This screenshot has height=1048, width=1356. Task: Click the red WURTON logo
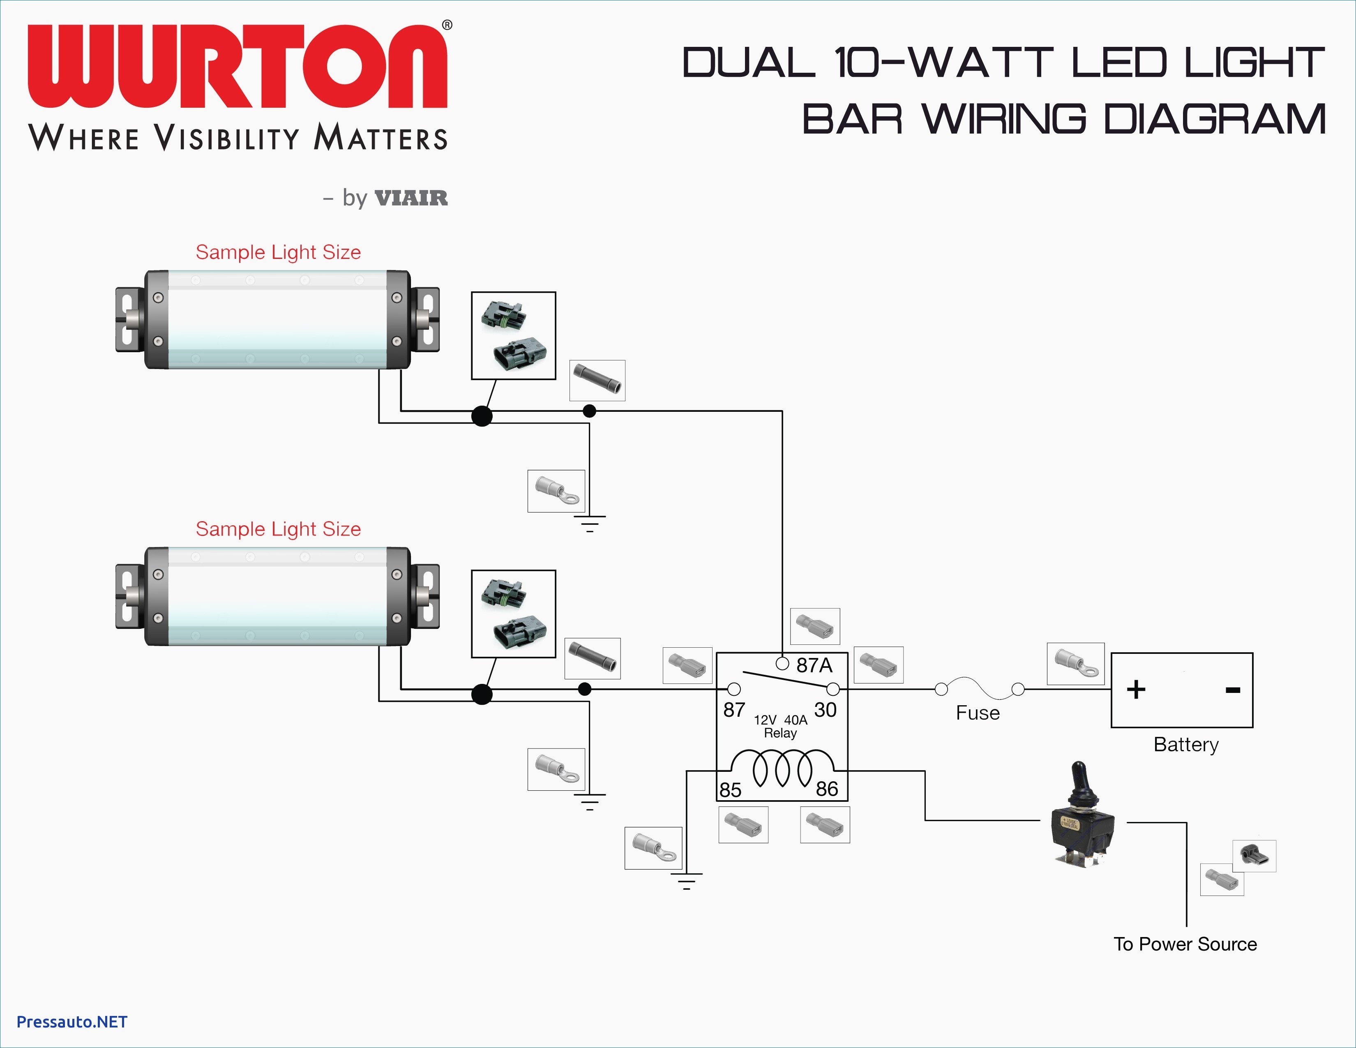(x=237, y=67)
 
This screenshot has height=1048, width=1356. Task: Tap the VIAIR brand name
(x=411, y=198)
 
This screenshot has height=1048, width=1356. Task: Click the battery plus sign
(x=1136, y=690)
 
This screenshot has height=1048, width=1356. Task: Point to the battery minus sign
(x=1233, y=690)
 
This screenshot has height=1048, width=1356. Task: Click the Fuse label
(x=978, y=713)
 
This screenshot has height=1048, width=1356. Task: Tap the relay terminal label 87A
(x=814, y=665)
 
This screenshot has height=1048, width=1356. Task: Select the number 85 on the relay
(x=730, y=790)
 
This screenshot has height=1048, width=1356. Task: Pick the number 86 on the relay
(x=827, y=789)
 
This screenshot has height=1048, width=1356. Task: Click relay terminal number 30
(x=825, y=710)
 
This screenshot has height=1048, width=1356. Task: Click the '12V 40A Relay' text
(x=780, y=726)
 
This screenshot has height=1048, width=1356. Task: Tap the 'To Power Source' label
(x=1185, y=944)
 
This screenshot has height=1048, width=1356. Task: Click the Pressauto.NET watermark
(x=72, y=1022)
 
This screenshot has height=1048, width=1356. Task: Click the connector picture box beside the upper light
(x=514, y=335)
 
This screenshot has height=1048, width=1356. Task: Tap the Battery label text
(x=1186, y=744)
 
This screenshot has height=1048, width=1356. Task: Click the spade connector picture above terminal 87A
(x=815, y=626)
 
